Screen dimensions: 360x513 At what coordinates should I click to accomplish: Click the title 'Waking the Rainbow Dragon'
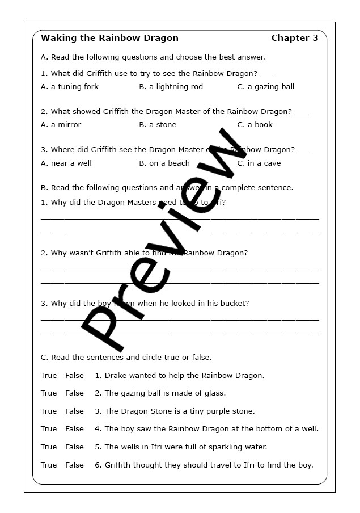tap(109, 39)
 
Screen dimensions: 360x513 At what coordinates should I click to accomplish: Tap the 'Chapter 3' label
tap(294, 39)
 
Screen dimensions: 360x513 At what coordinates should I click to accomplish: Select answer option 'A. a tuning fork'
tap(70, 87)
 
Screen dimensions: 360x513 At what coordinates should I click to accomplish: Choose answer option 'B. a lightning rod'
tap(171, 87)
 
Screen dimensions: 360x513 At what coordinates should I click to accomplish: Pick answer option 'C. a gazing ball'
tap(265, 87)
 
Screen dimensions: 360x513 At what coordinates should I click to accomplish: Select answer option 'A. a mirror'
tap(61, 125)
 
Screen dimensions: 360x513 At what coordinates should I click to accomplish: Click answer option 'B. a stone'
tap(158, 125)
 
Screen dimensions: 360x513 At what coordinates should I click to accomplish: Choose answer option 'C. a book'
tap(255, 125)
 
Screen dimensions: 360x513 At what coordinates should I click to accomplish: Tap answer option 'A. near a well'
tap(66, 163)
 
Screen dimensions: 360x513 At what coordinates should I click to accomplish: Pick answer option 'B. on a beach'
tap(164, 163)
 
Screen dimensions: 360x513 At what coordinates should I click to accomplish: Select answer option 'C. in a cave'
tap(259, 163)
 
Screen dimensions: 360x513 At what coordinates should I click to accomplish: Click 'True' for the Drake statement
tap(49, 376)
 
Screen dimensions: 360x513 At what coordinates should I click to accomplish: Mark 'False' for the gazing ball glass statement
tap(74, 393)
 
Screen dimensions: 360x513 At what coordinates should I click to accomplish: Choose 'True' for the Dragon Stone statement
tap(49, 411)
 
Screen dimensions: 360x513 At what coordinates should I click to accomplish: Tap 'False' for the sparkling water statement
tap(74, 447)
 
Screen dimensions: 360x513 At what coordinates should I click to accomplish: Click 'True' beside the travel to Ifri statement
tap(49, 465)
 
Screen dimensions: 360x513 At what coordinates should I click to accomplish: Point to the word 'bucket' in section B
tap(234, 304)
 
